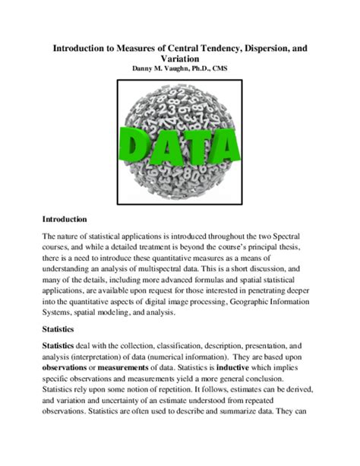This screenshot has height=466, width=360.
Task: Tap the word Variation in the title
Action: [179, 58]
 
